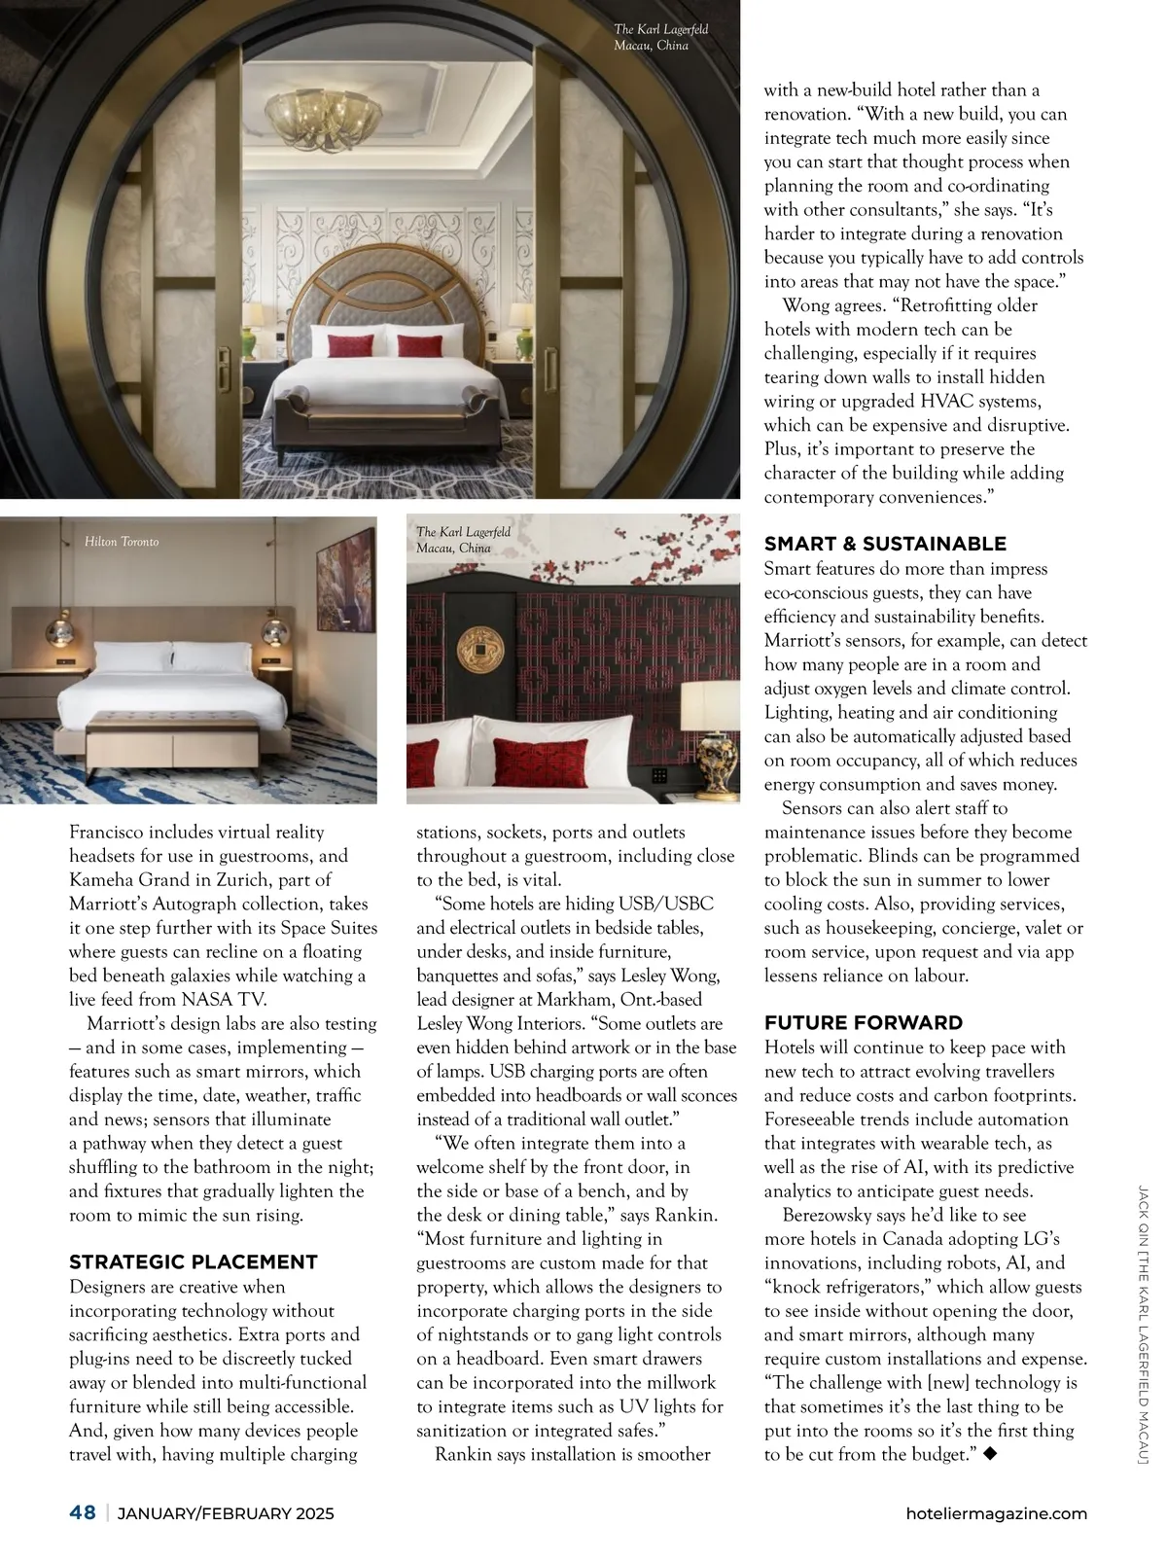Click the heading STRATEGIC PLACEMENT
click(193, 1261)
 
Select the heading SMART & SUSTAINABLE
click(884, 544)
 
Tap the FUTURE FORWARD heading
click(863, 1022)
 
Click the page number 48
click(83, 1512)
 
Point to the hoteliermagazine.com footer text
click(995, 1513)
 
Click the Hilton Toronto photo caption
click(122, 541)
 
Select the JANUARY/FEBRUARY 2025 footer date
click(226, 1513)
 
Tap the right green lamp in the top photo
click(526, 340)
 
